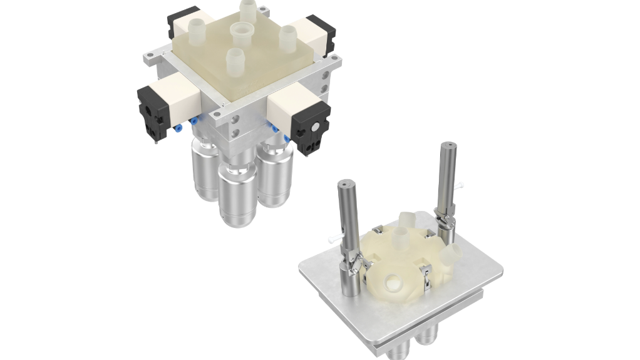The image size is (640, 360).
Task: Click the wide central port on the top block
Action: pyautogui.click(x=242, y=31)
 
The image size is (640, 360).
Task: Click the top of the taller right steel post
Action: pyautogui.click(x=448, y=146)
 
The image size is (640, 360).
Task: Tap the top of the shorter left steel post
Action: pyautogui.click(x=345, y=185)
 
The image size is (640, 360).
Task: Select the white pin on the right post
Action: pyautogui.click(x=462, y=185)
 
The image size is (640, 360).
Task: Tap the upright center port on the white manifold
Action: pyautogui.click(x=399, y=237)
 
